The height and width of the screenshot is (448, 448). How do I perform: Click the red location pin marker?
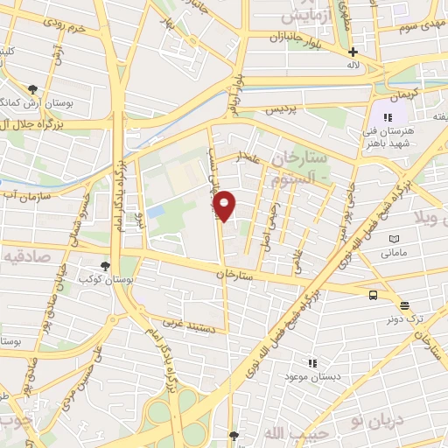point(225,206)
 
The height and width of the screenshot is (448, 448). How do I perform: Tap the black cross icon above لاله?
point(353,52)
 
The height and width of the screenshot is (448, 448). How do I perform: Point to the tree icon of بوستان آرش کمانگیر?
point(33,89)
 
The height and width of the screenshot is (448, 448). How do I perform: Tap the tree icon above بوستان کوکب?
point(105,265)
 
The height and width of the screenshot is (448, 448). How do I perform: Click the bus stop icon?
point(374,295)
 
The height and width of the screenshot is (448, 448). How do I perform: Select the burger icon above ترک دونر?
point(403,305)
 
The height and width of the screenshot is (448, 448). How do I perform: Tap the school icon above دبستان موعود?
point(311,362)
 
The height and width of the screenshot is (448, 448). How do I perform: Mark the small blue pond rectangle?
point(156,212)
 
